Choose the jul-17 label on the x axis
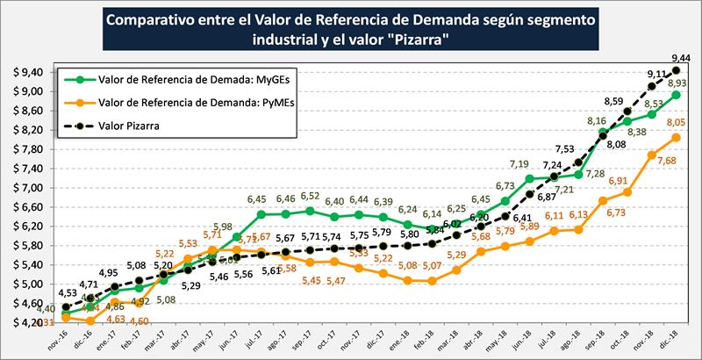coord(252,338)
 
